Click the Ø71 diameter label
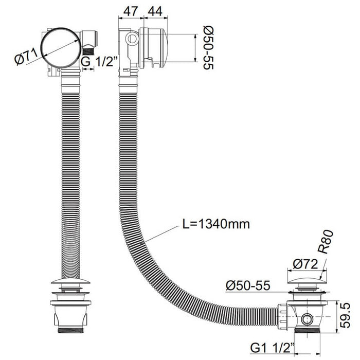[x=26, y=57]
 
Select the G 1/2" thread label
[x=99, y=61]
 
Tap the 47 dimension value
[x=131, y=11]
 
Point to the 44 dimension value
[x=155, y=11]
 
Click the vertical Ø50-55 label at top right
[x=208, y=47]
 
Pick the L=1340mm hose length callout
[x=216, y=224]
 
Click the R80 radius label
[x=326, y=242]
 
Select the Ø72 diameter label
[x=305, y=264]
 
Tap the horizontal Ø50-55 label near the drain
[x=248, y=285]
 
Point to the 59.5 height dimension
[x=345, y=315]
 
